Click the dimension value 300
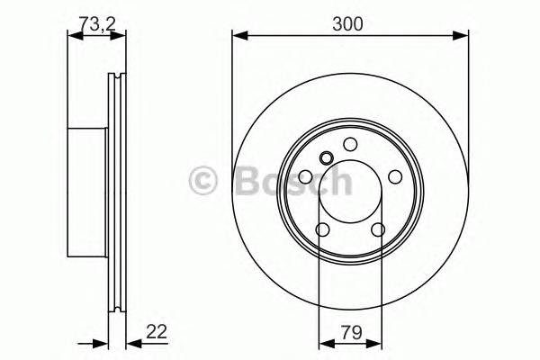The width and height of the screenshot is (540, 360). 350,25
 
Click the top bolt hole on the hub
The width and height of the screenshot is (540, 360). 349,147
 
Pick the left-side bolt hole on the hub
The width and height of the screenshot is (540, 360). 306,178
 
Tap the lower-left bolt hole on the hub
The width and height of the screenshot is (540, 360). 323,229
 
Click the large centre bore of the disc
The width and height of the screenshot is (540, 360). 350,192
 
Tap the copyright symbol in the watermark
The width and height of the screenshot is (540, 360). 205,183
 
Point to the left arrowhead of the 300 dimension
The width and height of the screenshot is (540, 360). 238,36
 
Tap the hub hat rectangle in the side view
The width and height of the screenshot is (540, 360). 89,189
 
